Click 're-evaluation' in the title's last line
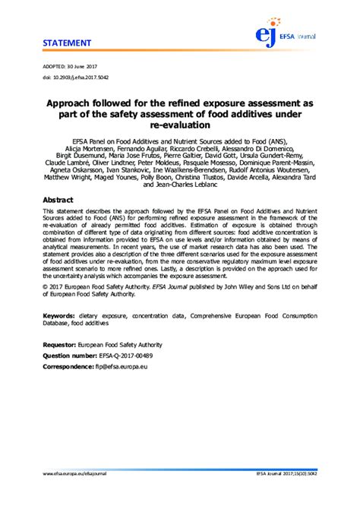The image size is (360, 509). point(180,127)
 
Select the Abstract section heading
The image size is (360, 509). point(58,199)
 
